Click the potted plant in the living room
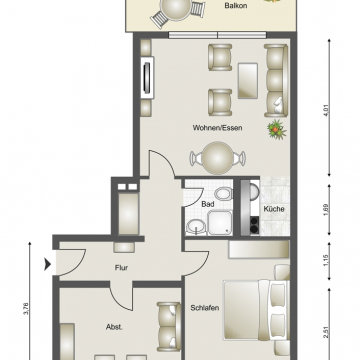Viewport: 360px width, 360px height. pyautogui.click(x=275, y=128)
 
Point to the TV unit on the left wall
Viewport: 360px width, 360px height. pyautogui.click(x=150, y=78)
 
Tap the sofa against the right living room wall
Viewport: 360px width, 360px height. pyautogui.click(x=275, y=77)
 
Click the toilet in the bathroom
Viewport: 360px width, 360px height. pyautogui.click(x=224, y=192)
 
